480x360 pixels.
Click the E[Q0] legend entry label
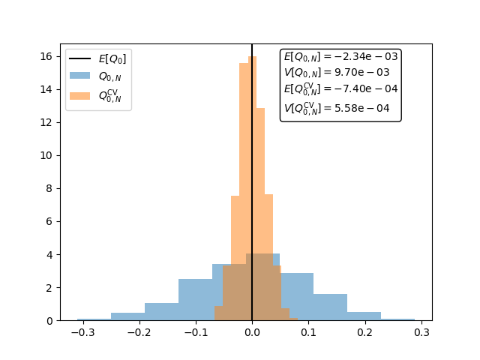click(112, 59)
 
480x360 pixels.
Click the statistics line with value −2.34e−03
click(340, 56)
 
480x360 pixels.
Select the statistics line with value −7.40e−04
click(340, 89)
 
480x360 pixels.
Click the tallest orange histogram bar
click(253, 187)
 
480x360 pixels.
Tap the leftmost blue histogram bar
click(94, 319)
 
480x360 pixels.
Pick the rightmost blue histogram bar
click(397, 319)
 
